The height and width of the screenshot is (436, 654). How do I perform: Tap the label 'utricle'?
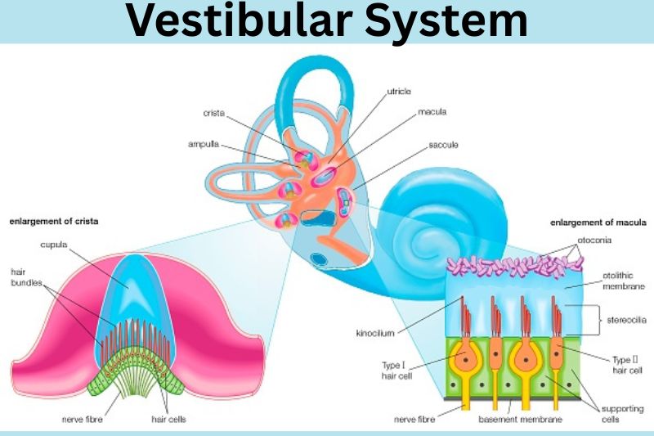click(x=399, y=96)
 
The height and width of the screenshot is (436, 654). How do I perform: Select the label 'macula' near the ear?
click(x=432, y=111)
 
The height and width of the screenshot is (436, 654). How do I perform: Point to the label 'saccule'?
click(x=443, y=145)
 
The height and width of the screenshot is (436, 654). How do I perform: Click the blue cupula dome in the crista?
click(x=131, y=294)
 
